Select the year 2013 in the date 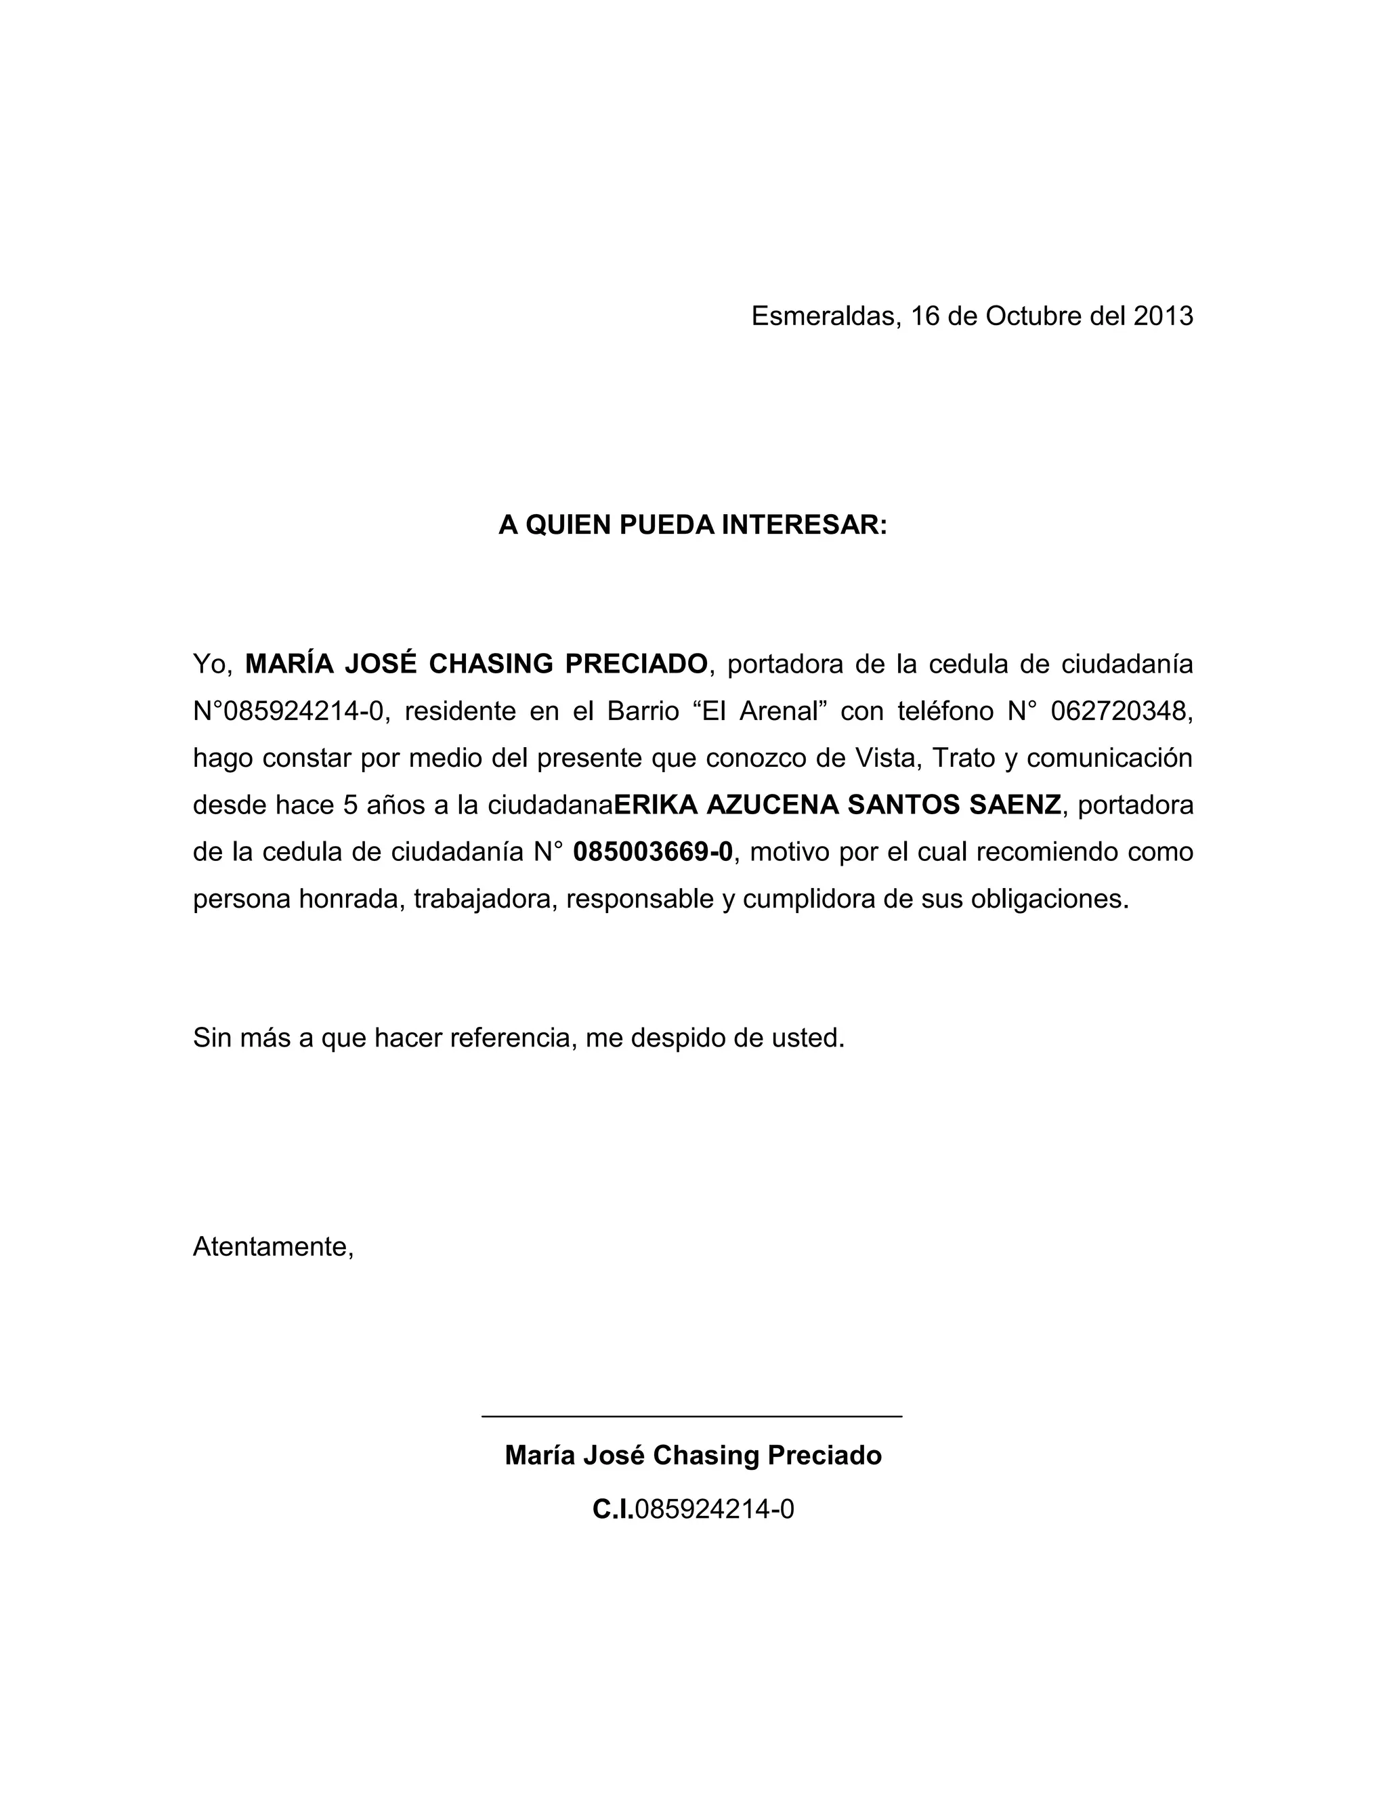[1163, 316]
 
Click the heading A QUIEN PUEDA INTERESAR [693, 524]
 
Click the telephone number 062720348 [1121, 710]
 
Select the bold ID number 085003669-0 [652, 851]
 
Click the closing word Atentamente [273, 1246]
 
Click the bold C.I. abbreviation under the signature [613, 1509]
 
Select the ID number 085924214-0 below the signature [714, 1509]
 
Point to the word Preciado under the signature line [825, 1456]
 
